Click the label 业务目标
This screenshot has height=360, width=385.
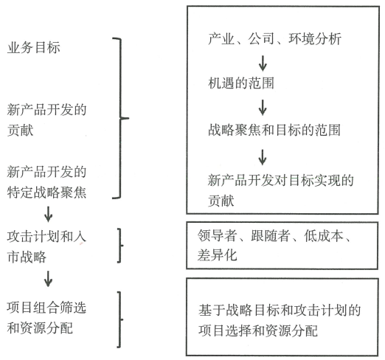pos(33,47)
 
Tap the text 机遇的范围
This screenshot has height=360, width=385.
pos(241,83)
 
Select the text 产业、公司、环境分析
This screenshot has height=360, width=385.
pos(274,39)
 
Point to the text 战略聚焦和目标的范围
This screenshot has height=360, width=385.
pos(274,130)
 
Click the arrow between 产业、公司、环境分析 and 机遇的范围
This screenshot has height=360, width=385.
pos(263,63)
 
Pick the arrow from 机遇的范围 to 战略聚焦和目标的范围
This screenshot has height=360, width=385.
pos(263,108)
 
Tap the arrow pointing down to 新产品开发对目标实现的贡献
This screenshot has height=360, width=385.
pos(263,157)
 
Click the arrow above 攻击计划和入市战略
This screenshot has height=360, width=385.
pos(48,214)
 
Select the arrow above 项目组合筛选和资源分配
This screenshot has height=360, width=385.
pos(48,279)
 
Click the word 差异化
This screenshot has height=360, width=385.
pos(217,255)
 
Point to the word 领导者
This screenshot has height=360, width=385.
pos(217,235)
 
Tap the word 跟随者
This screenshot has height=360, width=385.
pos(270,235)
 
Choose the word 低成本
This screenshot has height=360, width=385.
pos(324,235)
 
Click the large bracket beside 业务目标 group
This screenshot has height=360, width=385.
pos(121,118)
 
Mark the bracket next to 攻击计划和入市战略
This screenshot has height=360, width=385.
pos(119,246)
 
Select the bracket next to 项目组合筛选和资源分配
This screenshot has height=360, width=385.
pos(119,319)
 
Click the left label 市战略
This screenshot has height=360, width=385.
pos(27,257)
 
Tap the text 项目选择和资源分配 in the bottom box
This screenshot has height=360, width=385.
pos(258,330)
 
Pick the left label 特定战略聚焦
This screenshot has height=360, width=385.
pos(46,192)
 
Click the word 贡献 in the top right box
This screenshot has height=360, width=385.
pos(221,201)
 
